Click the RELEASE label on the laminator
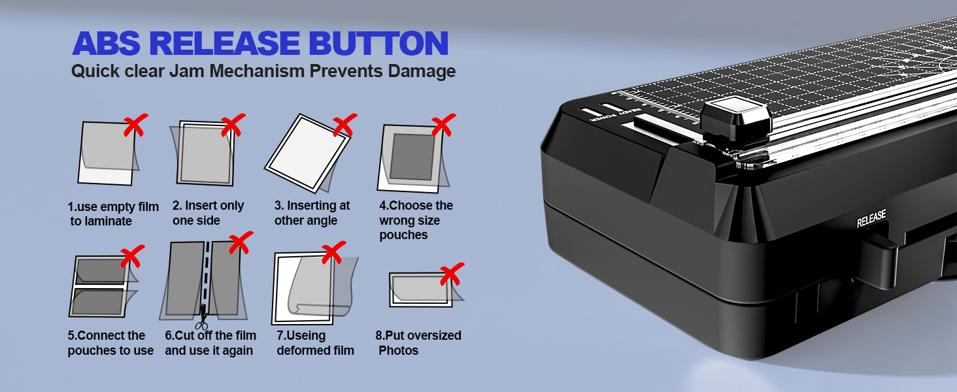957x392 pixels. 871,219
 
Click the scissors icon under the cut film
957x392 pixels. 202,322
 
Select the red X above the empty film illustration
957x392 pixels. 135,125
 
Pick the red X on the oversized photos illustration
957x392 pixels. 451,274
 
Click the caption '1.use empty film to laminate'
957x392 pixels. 113,214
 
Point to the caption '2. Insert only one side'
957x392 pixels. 208,213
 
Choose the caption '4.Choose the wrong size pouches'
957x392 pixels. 416,220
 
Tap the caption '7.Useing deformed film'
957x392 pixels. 315,343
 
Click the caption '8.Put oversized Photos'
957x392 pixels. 418,343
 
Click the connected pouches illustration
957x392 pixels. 100,286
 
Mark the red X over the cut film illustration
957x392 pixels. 239,242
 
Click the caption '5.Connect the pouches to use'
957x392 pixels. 110,343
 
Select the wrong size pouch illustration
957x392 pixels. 411,157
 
